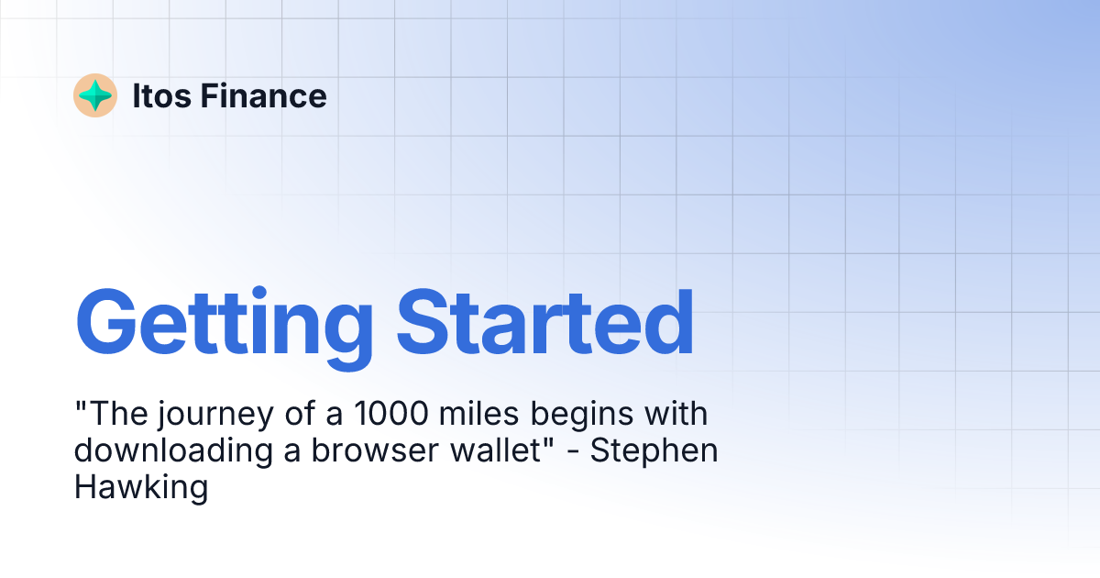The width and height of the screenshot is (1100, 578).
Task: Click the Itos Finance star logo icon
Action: (95, 95)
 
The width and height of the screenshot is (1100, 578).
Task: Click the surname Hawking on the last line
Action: (141, 487)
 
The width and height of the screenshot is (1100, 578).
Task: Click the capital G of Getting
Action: (108, 322)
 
